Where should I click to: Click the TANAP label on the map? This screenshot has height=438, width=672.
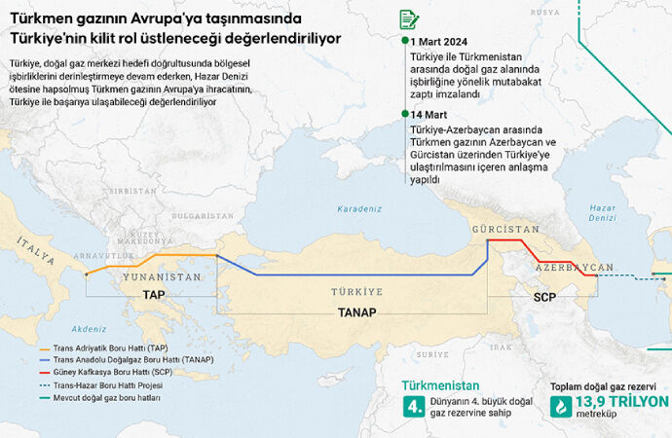(x=356, y=312)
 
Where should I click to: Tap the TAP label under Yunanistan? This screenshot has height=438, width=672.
(x=154, y=294)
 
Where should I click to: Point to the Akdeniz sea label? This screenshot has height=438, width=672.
(x=89, y=329)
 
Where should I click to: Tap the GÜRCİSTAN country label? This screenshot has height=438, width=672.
(x=504, y=229)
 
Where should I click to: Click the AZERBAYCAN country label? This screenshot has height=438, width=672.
(x=575, y=267)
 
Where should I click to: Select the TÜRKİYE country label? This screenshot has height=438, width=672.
(x=356, y=291)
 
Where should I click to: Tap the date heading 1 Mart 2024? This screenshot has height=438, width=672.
(x=439, y=41)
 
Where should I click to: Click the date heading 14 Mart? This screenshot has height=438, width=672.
(x=429, y=115)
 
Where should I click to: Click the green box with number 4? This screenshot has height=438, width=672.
(x=414, y=407)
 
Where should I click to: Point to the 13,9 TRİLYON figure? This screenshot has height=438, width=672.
(x=621, y=401)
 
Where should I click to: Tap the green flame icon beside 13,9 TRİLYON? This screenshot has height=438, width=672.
(x=561, y=407)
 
